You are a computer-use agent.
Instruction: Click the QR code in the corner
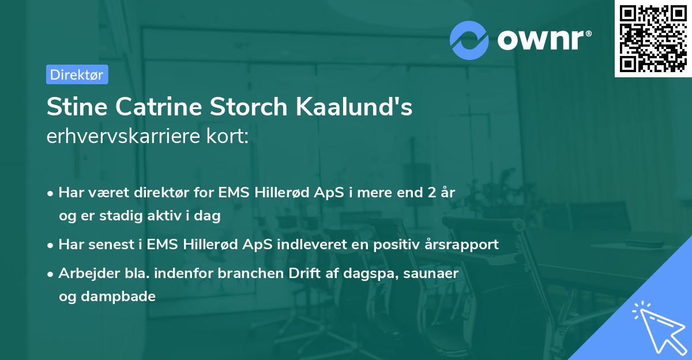(x=653, y=39)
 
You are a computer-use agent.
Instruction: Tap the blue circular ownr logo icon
(x=469, y=40)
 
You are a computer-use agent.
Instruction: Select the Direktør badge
(x=77, y=74)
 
